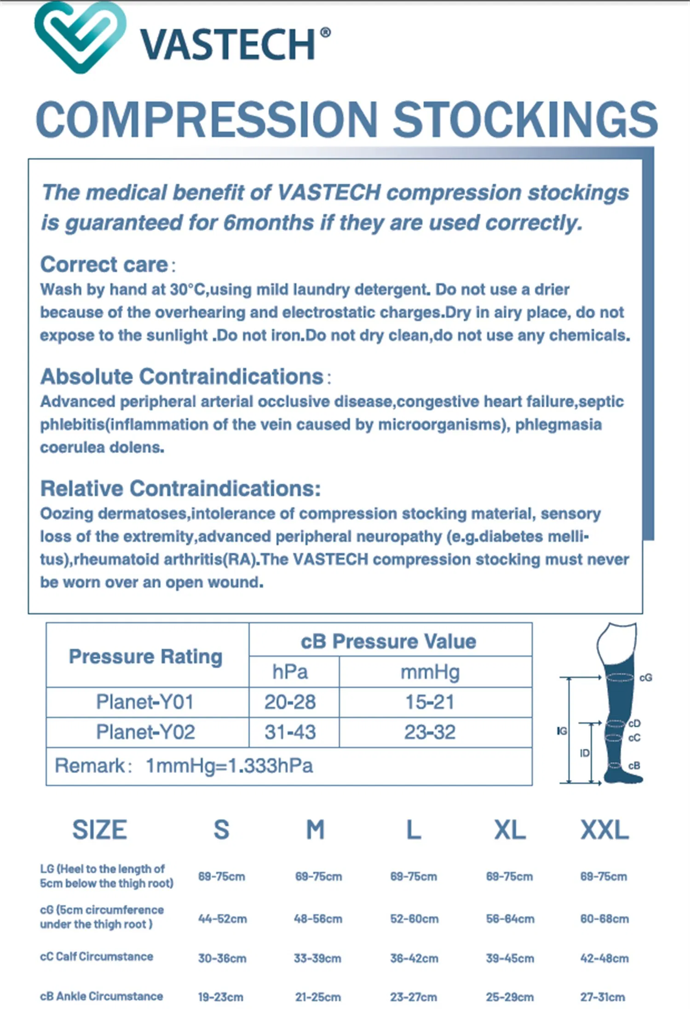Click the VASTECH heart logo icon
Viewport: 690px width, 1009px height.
coord(80,37)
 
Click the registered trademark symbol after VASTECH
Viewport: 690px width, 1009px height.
coord(325,33)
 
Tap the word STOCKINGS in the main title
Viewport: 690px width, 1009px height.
coord(525,119)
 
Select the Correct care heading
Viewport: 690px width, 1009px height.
coord(104,265)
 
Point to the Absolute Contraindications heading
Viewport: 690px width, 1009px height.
coord(182,376)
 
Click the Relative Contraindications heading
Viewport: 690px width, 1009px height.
coord(180,489)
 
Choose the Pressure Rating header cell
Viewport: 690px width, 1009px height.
coord(145,656)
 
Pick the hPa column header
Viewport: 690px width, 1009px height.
coord(290,672)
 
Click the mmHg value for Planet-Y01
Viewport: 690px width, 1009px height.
coord(430,702)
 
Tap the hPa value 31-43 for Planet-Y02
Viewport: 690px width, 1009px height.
coord(290,732)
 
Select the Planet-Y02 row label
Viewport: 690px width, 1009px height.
coord(145,732)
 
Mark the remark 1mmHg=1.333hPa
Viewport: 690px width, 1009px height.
coord(229,766)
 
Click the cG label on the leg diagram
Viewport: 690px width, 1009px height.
coord(645,678)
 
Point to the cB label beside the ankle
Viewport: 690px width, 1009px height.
coord(634,766)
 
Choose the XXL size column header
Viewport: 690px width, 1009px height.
coord(604,830)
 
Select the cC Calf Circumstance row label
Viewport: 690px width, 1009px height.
coord(97,957)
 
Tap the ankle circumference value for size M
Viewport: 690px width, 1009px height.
coord(318,997)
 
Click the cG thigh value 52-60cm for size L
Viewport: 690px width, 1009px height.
coord(414,919)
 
